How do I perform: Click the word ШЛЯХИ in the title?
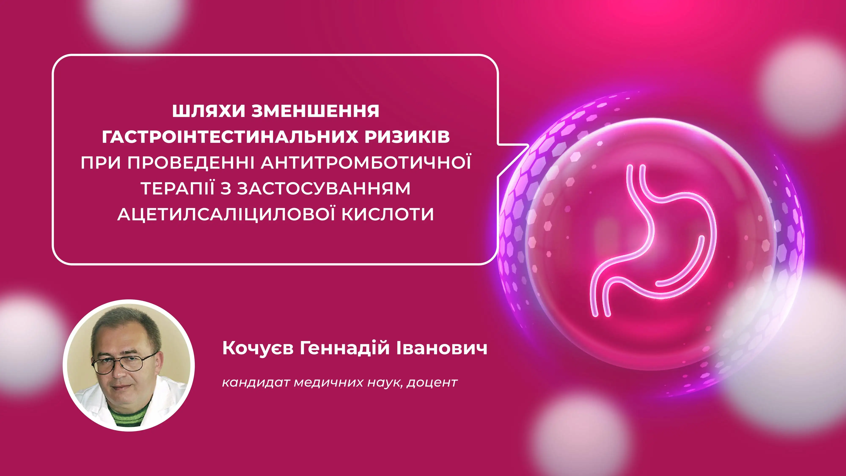pos(209,111)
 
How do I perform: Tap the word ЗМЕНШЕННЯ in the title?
pos(316,111)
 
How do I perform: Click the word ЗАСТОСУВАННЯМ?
pos(324,188)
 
